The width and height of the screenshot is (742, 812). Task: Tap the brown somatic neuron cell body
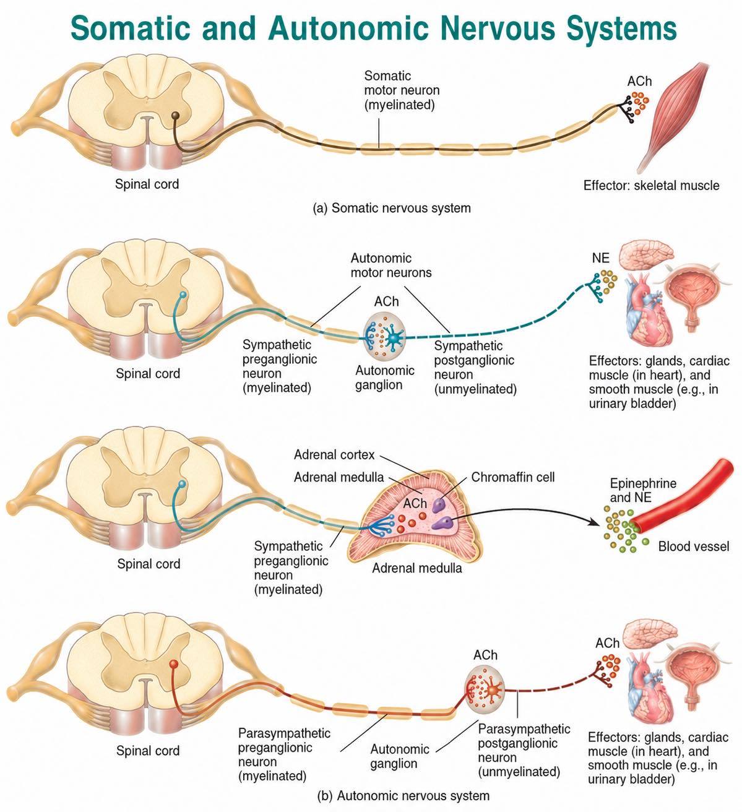pos(176,116)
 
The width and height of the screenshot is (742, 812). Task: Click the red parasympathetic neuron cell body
pos(173,664)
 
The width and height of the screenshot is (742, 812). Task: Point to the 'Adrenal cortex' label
pos(334,454)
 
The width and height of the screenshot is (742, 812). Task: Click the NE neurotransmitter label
pos(601,258)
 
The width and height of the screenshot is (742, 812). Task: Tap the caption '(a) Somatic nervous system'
pos(392,208)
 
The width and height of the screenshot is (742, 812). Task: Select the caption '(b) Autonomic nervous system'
pos(403,796)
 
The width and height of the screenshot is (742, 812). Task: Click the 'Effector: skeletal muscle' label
pos(651,186)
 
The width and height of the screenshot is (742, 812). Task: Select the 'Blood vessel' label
pos(694,546)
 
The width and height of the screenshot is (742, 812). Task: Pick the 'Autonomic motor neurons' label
pos(391,265)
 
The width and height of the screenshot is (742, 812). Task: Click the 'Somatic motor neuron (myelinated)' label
pos(402,90)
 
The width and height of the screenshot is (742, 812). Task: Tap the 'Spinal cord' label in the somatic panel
pos(147,184)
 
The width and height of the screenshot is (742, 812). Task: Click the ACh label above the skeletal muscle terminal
pos(640,81)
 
